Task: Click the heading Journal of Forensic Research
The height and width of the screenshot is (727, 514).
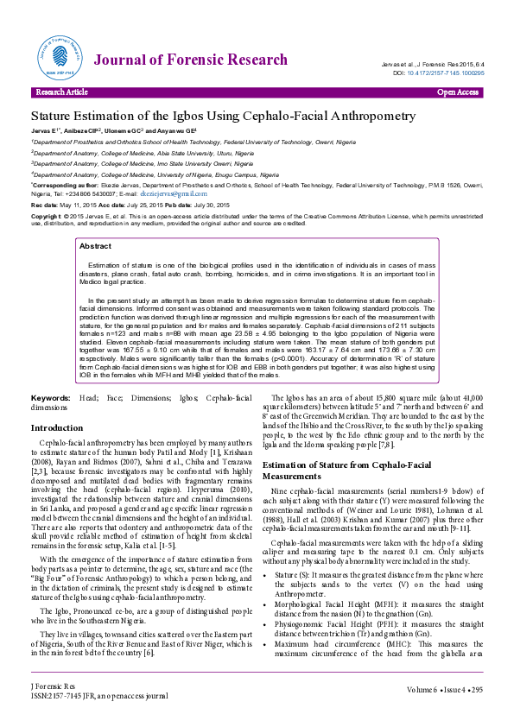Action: [x=190, y=60]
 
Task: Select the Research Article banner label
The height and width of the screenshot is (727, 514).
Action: [x=60, y=92]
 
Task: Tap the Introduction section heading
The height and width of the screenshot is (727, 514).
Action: [x=57, y=428]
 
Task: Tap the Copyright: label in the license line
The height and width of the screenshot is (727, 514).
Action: [x=48, y=216]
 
